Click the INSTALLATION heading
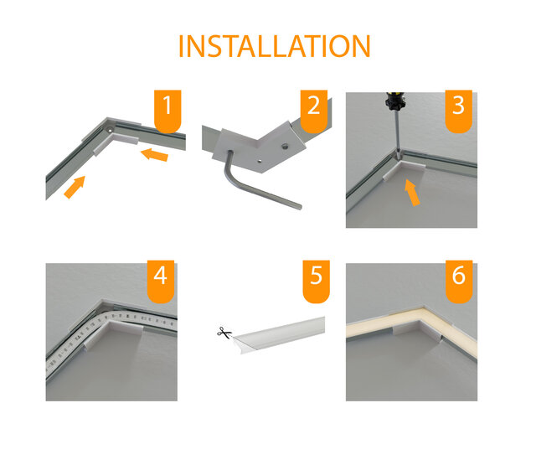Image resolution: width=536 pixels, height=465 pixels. point(275,46)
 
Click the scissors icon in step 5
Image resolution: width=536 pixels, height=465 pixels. point(224,333)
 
